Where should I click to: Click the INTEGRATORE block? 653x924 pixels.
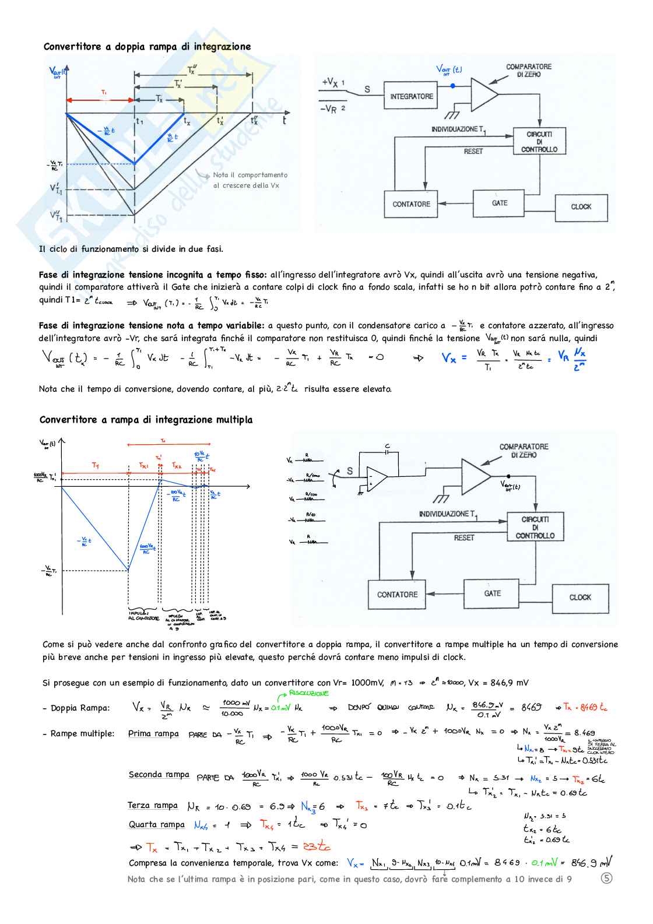pos(411,97)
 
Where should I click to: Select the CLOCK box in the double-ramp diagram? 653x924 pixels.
pos(581,207)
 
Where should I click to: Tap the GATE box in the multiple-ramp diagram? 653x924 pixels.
pos(493,593)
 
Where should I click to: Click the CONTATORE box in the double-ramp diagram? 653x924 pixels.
pos(411,205)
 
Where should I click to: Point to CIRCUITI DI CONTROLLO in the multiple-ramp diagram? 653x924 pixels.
pos(535,527)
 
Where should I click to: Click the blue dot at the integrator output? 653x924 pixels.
pos(453,86)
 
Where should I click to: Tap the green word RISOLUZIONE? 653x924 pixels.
pos(309,693)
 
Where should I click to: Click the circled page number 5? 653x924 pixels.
pos(606,878)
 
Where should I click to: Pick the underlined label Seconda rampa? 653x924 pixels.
pos(159,775)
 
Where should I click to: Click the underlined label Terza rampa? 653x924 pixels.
pos(153,805)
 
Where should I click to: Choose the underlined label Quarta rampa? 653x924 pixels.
pos(156,824)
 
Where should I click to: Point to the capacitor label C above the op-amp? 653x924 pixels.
pos(387,447)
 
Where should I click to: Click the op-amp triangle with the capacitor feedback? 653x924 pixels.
pos(376,479)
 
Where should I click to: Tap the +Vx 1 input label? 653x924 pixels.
pos(333,83)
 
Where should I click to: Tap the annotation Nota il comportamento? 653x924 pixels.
pos(250,175)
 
